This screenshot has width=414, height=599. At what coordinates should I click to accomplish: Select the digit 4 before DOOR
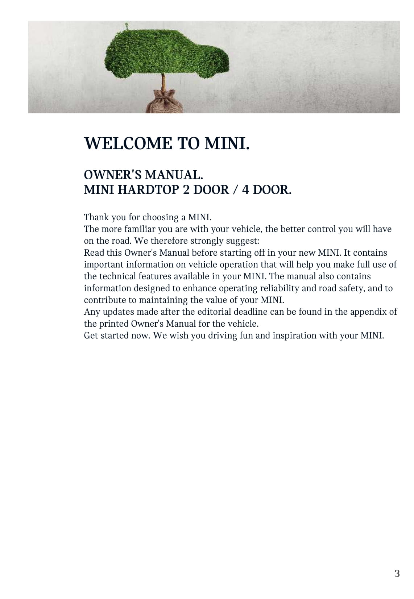click(x=245, y=189)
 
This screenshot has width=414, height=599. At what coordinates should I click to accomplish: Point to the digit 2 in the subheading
click(x=186, y=189)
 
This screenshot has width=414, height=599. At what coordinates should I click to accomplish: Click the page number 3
click(x=397, y=573)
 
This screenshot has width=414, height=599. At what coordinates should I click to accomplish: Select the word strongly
click(x=207, y=241)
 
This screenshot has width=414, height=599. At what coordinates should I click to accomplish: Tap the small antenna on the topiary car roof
click(x=127, y=26)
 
